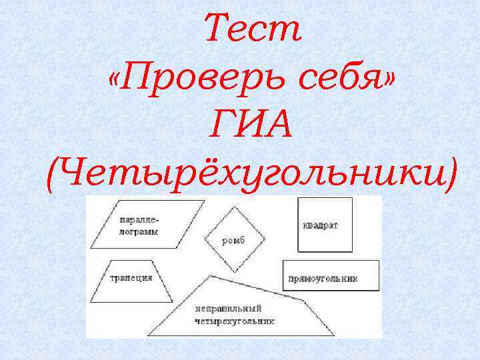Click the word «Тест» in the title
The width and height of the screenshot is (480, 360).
tap(253, 29)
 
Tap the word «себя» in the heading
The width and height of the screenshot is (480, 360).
tap(346, 81)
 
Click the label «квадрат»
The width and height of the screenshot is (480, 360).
tap(319, 225)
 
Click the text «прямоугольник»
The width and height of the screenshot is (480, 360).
tap(323, 279)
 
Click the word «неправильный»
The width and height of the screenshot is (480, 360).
tap(229, 309)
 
